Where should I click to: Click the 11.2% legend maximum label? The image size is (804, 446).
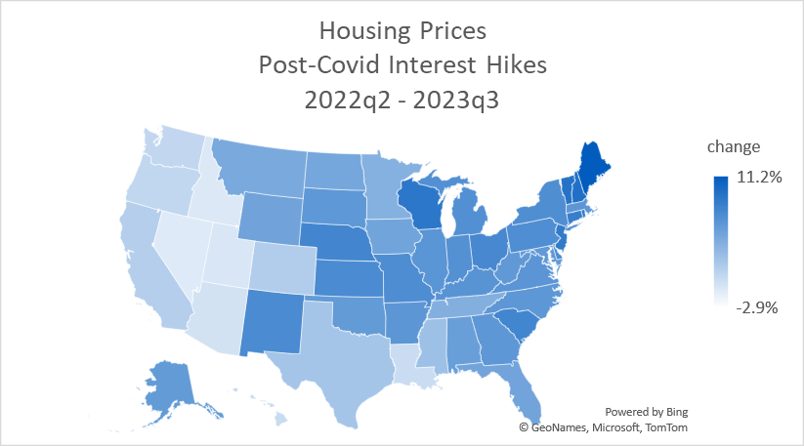click(758, 178)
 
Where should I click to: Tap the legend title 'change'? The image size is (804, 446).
click(734, 147)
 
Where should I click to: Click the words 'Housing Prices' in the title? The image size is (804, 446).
click(402, 32)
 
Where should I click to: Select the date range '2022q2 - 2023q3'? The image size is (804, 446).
click(402, 101)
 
